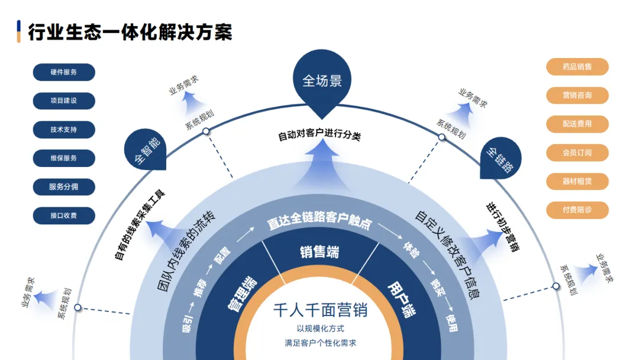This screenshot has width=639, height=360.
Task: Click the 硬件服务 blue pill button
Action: tap(64, 72)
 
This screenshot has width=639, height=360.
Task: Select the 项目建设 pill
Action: tap(64, 101)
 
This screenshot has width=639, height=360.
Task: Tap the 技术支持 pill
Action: tap(64, 130)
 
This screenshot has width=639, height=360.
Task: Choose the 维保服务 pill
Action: tap(64, 158)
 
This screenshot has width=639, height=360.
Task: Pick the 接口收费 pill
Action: tap(64, 216)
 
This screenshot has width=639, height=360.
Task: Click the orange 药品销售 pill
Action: tap(577, 67)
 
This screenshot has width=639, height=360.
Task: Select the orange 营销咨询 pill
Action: tap(577, 95)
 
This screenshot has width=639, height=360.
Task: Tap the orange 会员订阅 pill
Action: tap(577, 153)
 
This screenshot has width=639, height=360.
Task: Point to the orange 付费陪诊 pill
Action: tap(577, 210)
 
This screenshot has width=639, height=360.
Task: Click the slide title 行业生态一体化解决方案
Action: tap(130, 31)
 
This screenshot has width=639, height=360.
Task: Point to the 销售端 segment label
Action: tap(319, 252)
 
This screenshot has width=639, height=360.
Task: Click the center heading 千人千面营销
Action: tap(320, 310)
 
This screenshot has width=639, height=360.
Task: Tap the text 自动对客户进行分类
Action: tap(319, 135)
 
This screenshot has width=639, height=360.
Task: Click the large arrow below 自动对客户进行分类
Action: tap(320, 163)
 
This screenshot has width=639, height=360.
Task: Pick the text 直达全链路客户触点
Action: tap(319, 223)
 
